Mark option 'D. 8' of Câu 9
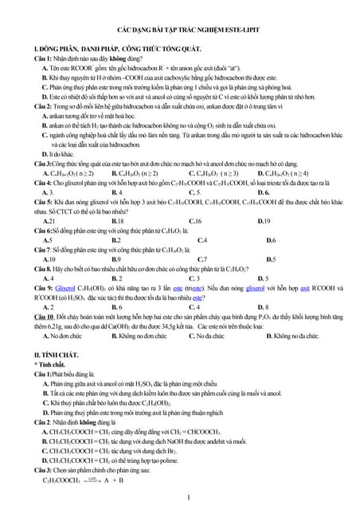coord(264,307)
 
